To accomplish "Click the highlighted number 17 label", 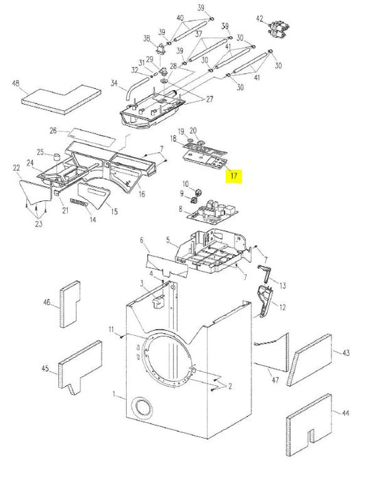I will (234, 176).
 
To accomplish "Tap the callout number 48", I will (16, 83).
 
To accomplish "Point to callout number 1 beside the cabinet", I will (116, 395).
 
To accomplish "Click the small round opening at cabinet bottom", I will (143, 408).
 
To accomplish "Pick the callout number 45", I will (45, 369).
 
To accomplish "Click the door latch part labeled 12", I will (266, 301).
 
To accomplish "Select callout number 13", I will (282, 285).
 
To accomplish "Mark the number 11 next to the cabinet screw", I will (110, 330).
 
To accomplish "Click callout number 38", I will (147, 38).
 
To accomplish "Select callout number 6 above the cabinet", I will (142, 240).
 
